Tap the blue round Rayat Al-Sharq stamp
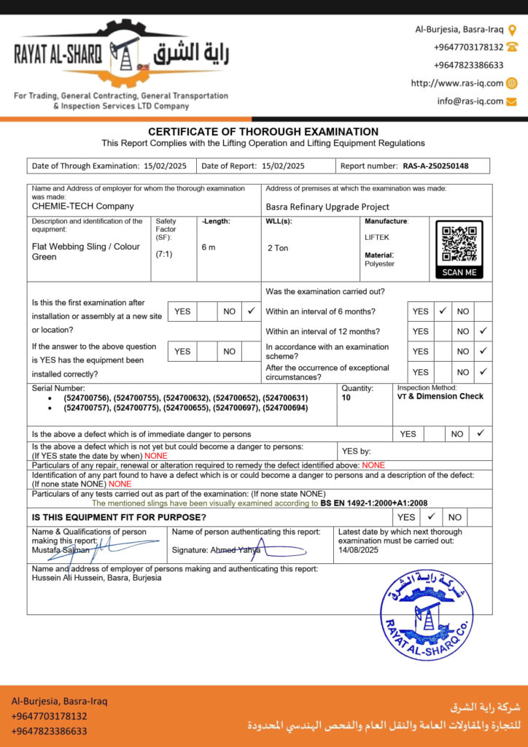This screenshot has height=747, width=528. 427,614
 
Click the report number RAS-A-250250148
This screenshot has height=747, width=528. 435,166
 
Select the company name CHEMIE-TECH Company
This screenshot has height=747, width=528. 83,206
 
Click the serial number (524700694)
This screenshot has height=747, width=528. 286,408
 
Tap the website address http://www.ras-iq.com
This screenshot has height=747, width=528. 457,83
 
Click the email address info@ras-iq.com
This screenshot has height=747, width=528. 470,101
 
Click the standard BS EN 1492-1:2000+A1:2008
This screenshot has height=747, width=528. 374,503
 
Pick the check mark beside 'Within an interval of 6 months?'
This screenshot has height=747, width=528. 442,311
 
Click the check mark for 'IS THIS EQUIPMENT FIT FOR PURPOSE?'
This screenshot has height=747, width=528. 431,516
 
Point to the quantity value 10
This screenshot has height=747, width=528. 346,398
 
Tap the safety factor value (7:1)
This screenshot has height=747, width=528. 164,255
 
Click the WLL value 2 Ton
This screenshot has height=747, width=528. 278,248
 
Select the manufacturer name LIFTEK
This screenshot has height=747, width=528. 377,238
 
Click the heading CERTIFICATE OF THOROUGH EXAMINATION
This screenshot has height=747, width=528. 263,131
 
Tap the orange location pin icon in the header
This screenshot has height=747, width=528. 512,30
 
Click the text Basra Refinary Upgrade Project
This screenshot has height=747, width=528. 327,207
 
